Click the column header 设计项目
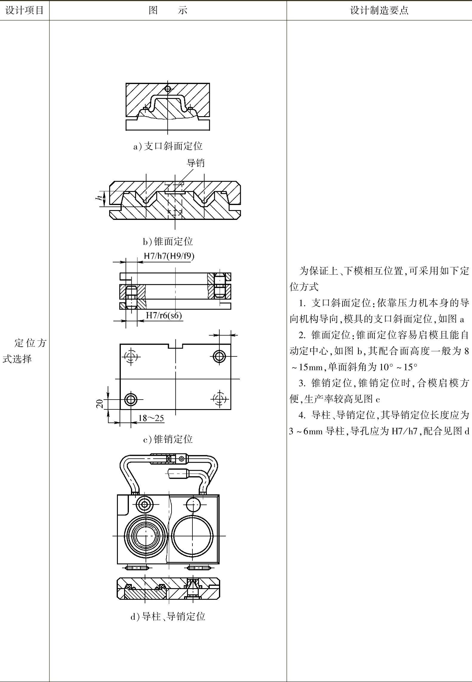click(24, 10)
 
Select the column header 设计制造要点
click(379, 10)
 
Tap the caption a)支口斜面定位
click(168, 146)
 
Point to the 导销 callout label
click(195, 163)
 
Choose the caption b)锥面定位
click(168, 241)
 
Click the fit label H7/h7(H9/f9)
click(169, 256)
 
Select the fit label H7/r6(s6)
click(164, 315)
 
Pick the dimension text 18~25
click(151, 418)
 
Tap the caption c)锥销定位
click(168, 439)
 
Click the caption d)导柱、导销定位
click(168, 616)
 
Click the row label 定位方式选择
click(24, 351)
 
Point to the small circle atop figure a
click(168, 88)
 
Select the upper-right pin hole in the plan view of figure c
click(220, 356)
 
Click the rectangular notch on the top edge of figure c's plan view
click(176, 346)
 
